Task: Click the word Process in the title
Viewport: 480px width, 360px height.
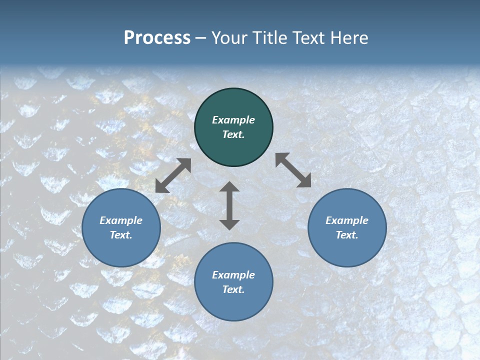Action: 157,38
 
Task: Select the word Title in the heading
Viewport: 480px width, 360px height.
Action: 269,38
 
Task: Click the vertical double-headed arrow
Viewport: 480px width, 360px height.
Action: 229,205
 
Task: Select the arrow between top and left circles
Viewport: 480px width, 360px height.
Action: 173,175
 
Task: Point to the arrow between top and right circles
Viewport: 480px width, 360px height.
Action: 293,170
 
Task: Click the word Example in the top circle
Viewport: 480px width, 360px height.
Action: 233,120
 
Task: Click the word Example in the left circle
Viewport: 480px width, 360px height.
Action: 121,220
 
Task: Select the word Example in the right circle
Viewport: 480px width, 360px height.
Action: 347,220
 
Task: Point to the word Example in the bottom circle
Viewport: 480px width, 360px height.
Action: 233,275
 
